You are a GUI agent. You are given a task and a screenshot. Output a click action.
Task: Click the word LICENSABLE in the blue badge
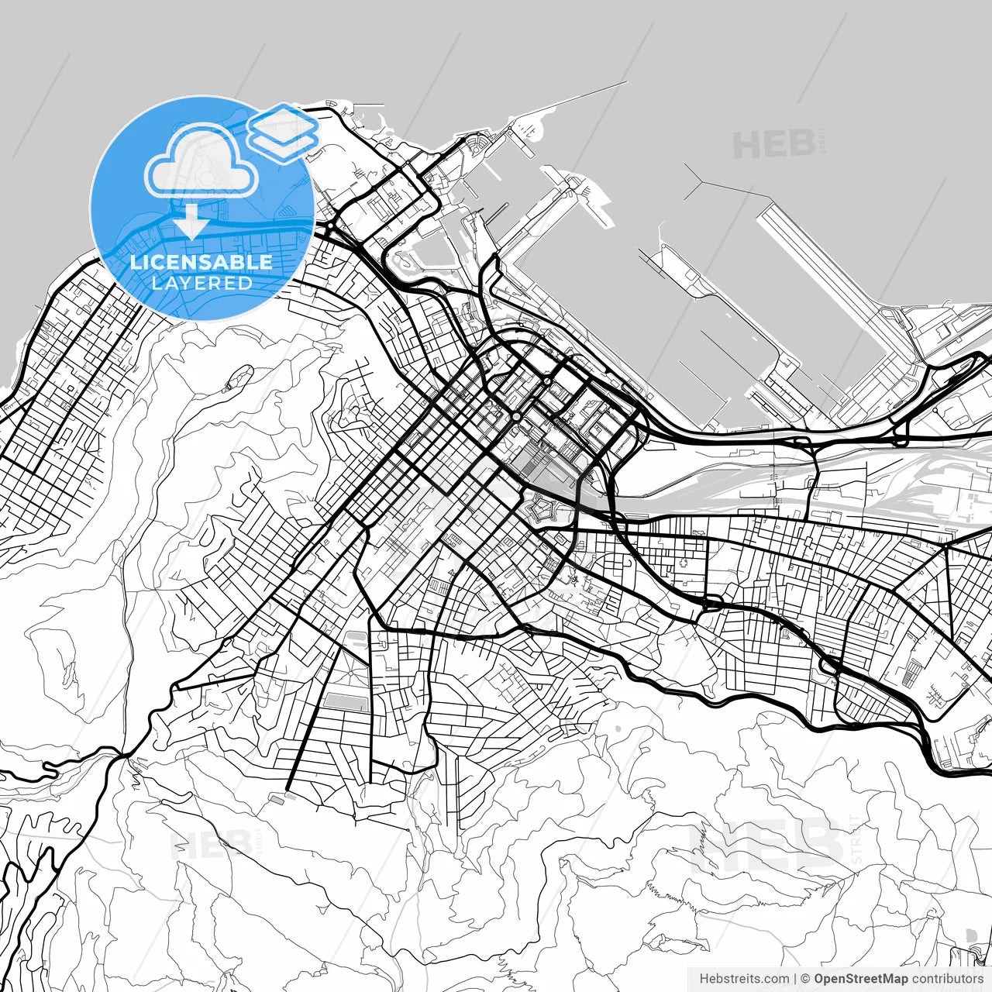pos(201,262)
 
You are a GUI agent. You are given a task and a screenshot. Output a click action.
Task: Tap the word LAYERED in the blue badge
pos(201,283)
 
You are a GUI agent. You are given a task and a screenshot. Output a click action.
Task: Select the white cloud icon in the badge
pos(201,163)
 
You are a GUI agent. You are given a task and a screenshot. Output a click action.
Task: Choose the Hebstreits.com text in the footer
pos(744,979)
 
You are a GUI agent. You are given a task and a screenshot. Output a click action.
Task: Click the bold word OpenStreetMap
pos(860,979)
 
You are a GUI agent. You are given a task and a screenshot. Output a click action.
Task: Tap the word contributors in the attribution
pos(947,979)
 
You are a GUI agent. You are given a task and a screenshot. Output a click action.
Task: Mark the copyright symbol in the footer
pos(805,979)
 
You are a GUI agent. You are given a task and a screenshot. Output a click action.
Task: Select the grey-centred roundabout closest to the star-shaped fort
pos(516,417)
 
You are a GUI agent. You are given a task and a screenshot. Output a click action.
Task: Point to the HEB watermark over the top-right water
pos(773,144)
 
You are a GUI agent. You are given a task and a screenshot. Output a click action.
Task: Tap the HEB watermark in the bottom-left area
pos(211,843)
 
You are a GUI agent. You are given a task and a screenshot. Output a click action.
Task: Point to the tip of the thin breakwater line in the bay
pos(626,82)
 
